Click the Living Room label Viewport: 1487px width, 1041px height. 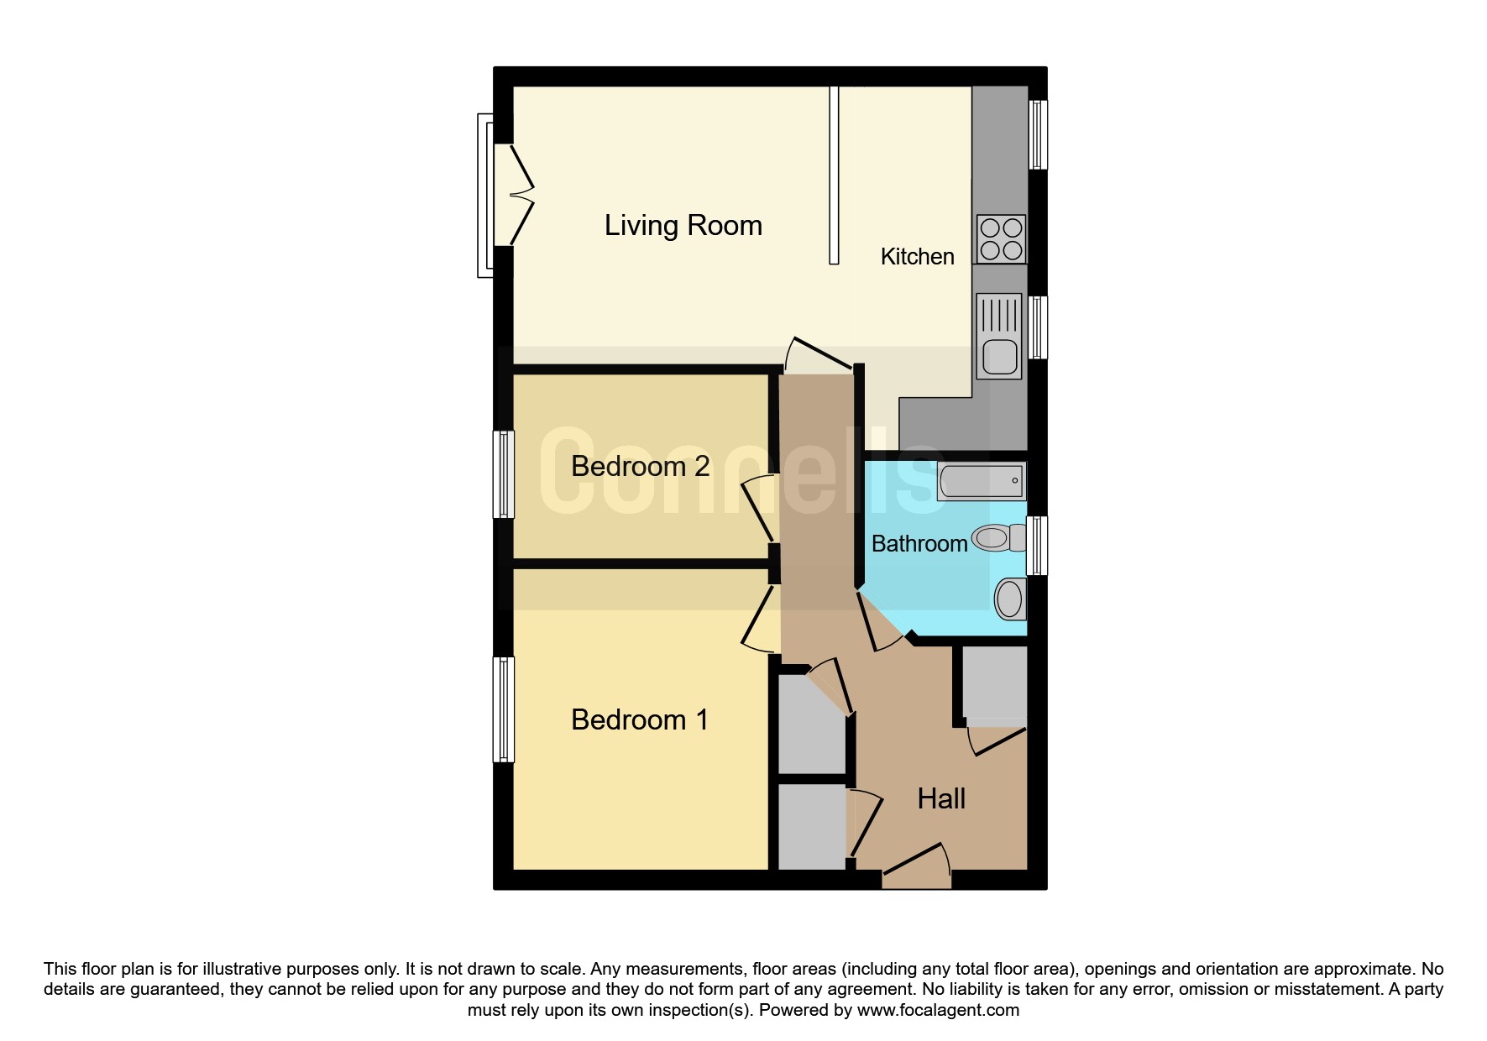coord(683,226)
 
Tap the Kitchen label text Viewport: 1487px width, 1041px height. coord(917,256)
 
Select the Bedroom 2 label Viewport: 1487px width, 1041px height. coord(641,466)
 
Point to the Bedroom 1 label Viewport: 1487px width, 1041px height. coord(640,719)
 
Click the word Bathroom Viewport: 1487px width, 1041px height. coord(919,543)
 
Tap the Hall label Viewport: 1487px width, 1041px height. coord(941,798)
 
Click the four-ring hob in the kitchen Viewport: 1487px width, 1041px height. coord(1001,239)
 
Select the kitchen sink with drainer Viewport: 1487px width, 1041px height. coord(999,336)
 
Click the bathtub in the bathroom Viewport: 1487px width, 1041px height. coord(982,481)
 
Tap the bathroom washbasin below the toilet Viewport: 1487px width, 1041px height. coord(1010,599)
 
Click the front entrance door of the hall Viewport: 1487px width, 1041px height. coord(916,866)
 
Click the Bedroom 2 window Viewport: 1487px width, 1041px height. coord(503,474)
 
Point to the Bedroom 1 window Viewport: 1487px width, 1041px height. coord(503,709)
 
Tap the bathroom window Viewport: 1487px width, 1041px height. coord(1038,546)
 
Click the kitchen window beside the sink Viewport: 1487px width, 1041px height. coord(1038,327)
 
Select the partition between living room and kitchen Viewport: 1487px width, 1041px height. coord(834,175)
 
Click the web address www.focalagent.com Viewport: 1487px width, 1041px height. coord(938,1010)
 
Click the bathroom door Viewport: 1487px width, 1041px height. coord(881,620)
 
